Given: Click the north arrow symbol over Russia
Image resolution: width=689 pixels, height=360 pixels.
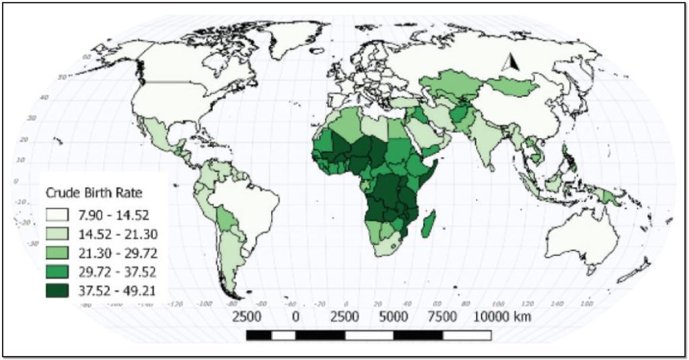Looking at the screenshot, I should point(510,63).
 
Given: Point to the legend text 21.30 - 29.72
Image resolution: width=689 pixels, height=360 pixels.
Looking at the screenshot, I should point(120,253).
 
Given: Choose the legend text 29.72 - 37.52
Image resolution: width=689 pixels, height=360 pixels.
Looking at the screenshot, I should point(120,272).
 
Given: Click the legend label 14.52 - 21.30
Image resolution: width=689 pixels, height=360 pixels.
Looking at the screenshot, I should point(120,234).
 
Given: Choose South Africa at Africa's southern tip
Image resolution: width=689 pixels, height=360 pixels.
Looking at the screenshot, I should point(390,246).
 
